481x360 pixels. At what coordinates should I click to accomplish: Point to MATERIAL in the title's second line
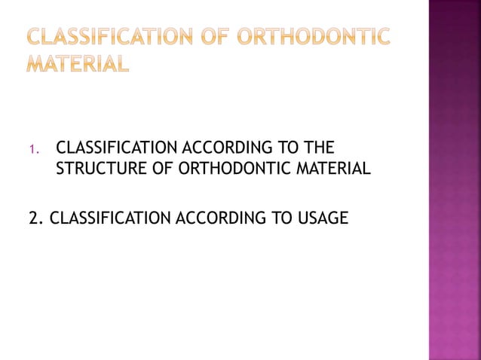coord(78,63)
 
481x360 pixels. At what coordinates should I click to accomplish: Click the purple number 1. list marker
coord(32,148)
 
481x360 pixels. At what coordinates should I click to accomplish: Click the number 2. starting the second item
coord(35,218)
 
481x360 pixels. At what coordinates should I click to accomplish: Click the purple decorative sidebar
coord(454,181)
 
